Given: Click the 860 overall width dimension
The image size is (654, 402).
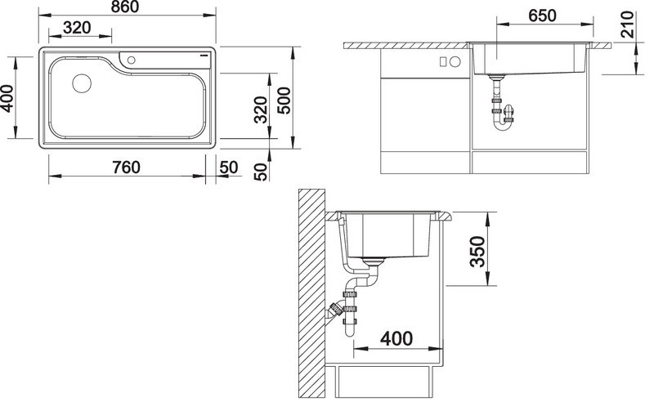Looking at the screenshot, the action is [125, 7].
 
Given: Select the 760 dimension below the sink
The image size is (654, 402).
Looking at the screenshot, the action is [127, 167].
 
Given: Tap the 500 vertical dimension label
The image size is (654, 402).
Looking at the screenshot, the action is [284, 100].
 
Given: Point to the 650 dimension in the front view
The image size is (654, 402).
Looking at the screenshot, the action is [542, 16].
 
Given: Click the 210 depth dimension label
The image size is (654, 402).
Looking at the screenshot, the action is [627, 25].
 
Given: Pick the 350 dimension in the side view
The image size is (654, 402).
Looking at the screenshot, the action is [478, 251].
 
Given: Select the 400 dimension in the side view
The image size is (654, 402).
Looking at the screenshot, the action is [396, 338].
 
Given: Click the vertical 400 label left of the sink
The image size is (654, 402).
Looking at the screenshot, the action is [7, 98].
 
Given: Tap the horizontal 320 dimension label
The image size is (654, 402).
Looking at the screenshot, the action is [77, 28].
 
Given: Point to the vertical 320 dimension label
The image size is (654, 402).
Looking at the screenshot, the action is [261, 109].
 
